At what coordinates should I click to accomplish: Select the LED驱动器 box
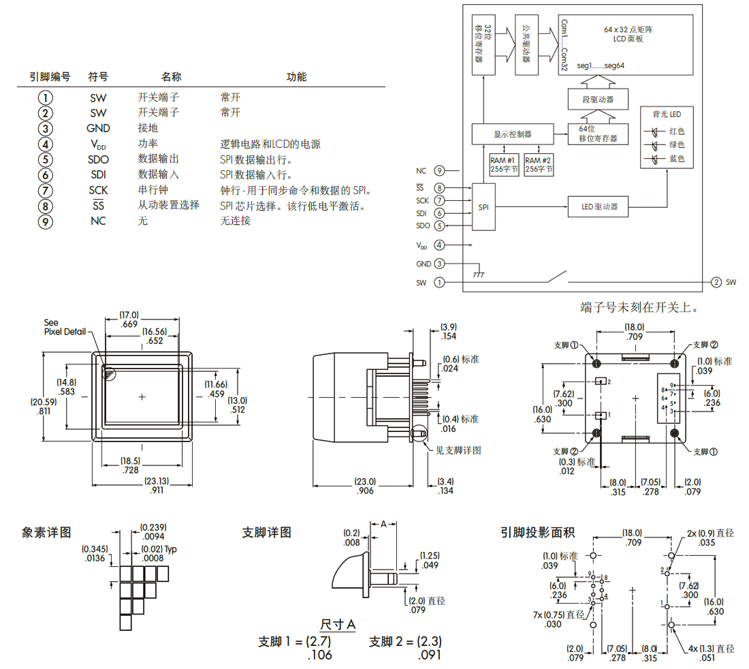click(x=598, y=206)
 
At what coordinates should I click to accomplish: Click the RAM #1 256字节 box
click(x=504, y=165)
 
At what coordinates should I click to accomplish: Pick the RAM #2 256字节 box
click(x=539, y=165)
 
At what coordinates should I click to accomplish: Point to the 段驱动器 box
click(x=598, y=99)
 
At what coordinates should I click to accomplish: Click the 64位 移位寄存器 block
click(x=598, y=134)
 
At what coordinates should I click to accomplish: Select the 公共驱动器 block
click(x=526, y=44)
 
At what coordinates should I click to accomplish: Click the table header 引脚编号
click(x=50, y=77)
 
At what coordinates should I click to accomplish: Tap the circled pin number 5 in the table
click(x=46, y=159)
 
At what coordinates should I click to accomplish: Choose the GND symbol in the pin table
click(x=98, y=128)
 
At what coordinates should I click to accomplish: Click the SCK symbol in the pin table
click(x=98, y=190)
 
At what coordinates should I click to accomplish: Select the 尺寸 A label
click(x=338, y=625)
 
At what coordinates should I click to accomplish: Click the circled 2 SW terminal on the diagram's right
click(x=716, y=281)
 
